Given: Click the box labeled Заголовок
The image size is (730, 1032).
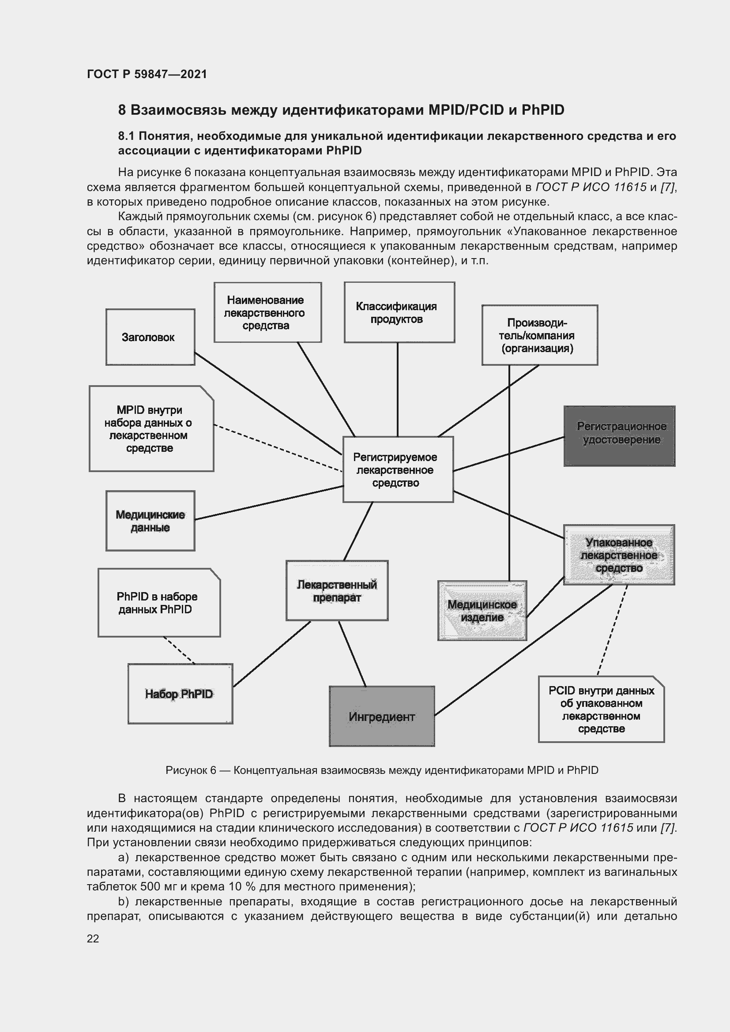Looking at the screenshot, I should [x=150, y=337].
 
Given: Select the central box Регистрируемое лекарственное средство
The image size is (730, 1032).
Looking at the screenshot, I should [x=397, y=469].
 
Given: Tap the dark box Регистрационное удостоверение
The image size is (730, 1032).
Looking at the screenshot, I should [x=619, y=435].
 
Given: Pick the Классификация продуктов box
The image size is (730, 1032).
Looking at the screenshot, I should [x=399, y=312].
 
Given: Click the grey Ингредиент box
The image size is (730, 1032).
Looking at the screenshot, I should [x=382, y=717].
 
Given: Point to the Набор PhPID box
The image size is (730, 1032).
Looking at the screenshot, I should [x=180, y=694].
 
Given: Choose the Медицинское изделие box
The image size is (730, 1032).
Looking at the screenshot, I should [x=482, y=610].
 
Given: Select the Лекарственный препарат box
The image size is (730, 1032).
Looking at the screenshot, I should [x=337, y=591].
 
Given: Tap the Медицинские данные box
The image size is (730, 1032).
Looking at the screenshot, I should [x=150, y=521].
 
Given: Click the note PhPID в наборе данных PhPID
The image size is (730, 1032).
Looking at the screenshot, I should [x=159, y=603].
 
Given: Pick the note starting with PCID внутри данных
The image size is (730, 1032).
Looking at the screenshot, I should [x=601, y=709].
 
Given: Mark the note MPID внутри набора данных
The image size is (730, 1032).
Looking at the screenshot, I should [x=151, y=429].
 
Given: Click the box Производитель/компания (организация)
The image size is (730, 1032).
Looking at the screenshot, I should [x=539, y=335].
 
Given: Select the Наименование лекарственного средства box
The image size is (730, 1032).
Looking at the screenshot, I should [x=267, y=312].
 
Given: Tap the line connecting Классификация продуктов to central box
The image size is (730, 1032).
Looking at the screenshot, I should [x=397, y=389].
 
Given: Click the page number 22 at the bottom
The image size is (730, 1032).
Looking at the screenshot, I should [x=93, y=938].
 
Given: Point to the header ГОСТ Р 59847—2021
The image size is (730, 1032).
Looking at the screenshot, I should [x=147, y=74].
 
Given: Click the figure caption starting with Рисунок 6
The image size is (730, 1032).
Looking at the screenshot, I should [x=382, y=770].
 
